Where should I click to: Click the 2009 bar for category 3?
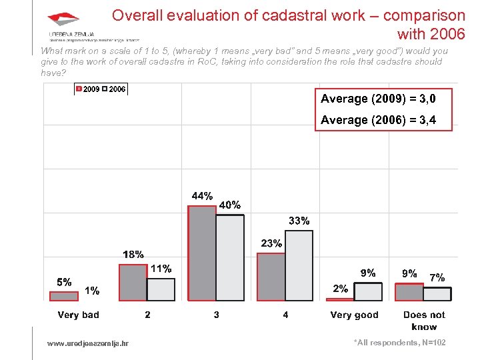202,253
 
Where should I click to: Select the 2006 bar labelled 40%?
230,257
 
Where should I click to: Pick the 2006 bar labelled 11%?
161,289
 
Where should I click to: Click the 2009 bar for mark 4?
271,277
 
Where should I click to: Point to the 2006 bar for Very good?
368,291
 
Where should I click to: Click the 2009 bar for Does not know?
409,292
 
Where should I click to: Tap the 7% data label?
437,277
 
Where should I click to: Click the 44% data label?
202,196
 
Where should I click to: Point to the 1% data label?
92,290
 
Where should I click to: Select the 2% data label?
340,289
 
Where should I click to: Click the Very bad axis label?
78,315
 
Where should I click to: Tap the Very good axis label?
354,315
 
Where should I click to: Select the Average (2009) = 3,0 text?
378,99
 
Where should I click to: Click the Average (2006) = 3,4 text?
378,120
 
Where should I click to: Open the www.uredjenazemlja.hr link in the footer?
88,343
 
